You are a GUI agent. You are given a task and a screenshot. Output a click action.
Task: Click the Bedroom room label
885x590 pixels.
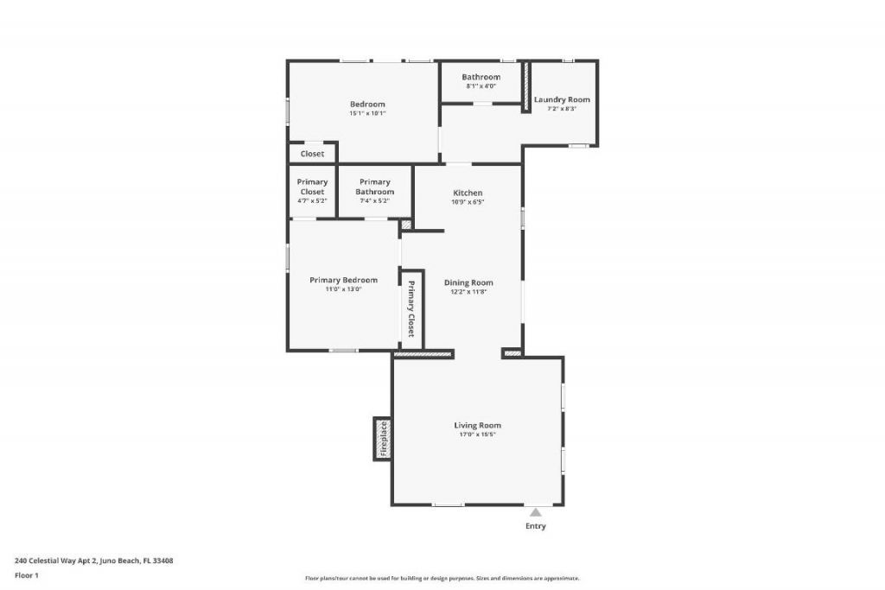367,105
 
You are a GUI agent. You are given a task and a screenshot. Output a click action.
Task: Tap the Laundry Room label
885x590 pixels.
562,99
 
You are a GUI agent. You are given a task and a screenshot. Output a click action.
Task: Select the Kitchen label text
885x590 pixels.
468,193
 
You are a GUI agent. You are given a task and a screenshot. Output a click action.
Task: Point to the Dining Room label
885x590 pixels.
468,282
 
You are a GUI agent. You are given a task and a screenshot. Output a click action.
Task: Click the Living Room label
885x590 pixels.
477,425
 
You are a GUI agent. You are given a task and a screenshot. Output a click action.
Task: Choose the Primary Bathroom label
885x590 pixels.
374,187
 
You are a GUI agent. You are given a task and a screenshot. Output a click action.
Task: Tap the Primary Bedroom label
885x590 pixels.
343,280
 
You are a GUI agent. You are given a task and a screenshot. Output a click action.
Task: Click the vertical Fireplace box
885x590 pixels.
383,439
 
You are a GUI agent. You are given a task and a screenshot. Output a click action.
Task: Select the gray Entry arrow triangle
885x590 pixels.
536,512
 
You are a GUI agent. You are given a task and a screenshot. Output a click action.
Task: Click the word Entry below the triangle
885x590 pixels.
536,526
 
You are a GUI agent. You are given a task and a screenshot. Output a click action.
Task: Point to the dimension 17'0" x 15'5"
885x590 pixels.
477,435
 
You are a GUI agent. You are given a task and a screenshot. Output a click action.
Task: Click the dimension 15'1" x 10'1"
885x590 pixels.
367,113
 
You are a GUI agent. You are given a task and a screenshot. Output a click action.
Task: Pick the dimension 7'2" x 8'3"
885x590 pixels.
562,109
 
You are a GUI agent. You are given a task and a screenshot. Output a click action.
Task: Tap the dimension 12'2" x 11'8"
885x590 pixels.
468,292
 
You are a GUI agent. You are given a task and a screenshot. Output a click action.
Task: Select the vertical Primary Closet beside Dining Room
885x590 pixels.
411,309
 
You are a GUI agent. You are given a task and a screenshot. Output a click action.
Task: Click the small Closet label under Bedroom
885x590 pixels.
312,154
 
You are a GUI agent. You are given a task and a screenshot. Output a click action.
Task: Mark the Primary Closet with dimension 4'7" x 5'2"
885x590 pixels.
312,187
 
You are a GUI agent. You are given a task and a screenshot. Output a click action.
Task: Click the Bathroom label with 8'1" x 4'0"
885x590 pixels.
481,77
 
